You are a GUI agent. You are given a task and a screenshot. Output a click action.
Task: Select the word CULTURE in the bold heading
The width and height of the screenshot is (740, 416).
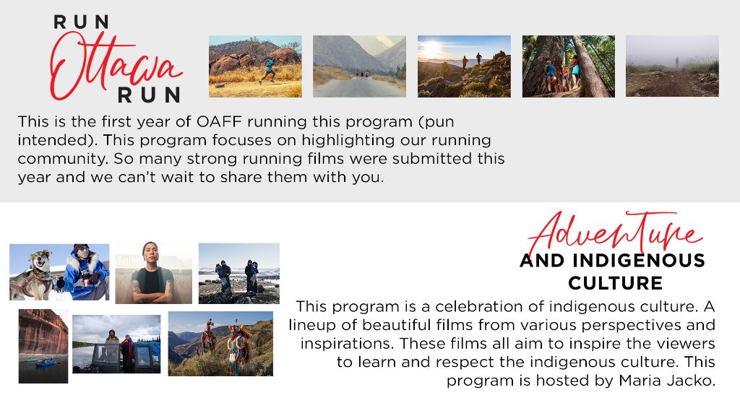[x=616, y=283]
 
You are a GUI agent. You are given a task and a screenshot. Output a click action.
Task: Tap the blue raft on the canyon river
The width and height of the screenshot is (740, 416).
[x=46, y=363]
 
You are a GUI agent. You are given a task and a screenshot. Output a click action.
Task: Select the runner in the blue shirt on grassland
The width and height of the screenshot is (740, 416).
[x=268, y=71]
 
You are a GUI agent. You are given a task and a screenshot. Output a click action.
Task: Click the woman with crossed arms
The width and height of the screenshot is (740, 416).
[x=153, y=274]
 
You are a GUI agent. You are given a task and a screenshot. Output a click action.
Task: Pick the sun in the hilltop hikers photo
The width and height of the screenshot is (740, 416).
[x=431, y=48]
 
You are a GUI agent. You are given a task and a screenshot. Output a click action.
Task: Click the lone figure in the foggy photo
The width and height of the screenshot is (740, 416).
[x=676, y=62]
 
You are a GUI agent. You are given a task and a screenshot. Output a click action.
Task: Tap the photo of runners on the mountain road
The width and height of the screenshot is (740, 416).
[x=359, y=66]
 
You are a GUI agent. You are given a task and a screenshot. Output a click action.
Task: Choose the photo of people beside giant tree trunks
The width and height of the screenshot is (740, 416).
[x=568, y=66]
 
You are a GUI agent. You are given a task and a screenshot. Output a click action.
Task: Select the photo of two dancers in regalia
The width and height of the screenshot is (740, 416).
[x=220, y=344]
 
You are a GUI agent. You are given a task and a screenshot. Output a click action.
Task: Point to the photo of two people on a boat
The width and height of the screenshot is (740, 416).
[x=116, y=344]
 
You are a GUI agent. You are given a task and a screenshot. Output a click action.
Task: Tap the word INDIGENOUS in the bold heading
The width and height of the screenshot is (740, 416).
[x=639, y=261]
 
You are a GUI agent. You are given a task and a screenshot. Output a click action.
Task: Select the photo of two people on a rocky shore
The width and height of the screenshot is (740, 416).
[x=238, y=274]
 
